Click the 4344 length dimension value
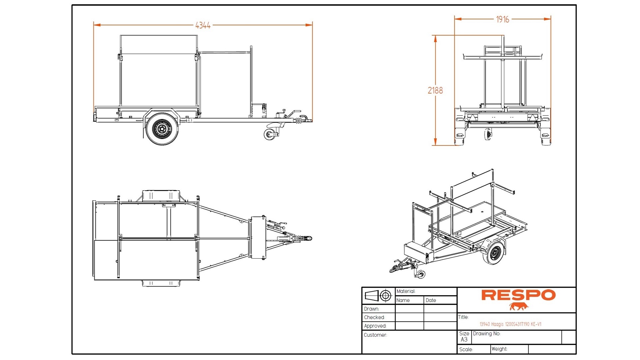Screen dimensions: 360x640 pyautogui.click(x=203, y=25)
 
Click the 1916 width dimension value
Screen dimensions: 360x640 pyautogui.click(x=502, y=20)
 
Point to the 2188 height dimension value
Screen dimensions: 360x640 pyautogui.click(x=435, y=90)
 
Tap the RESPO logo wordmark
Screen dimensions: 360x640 pyautogui.click(x=518, y=295)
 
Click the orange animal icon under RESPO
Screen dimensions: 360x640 pyautogui.click(x=519, y=306)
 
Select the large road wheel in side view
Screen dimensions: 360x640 pyautogui.click(x=162, y=129)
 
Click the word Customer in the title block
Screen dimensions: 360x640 pyautogui.click(x=375, y=335)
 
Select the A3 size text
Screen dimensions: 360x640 pyautogui.click(x=464, y=340)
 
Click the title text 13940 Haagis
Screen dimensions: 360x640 pyautogui.click(x=510, y=324)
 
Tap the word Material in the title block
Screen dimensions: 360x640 pyautogui.click(x=406, y=291)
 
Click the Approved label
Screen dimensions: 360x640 pyautogui.click(x=375, y=326)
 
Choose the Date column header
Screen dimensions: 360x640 pyautogui.click(x=431, y=300)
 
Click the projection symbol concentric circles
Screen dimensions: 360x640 pyautogui.click(x=386, y=296)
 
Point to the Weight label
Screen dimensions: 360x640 pyautogui.click(x=499, y=349)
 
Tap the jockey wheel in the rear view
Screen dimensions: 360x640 pyautogui.click(x=488, y=134)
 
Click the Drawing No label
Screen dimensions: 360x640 pyautogui.click(x=486, y=334)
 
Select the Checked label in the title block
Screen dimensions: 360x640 pyautogui.click(x=374, y=317)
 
